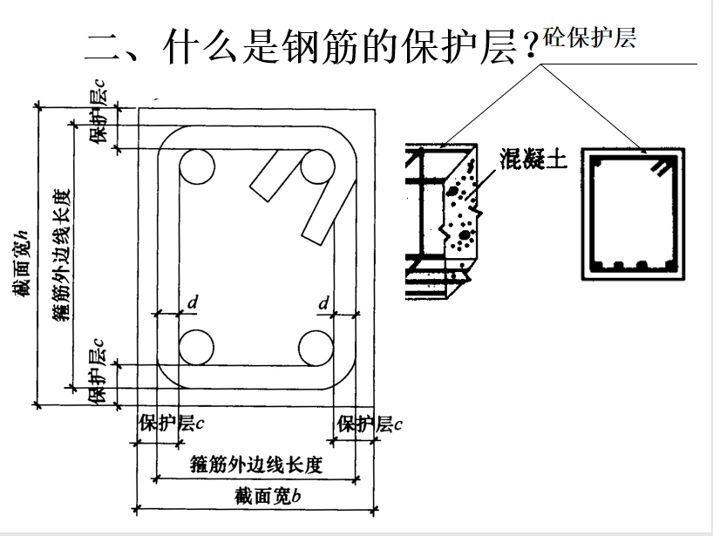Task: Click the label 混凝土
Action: (x=533, y=159)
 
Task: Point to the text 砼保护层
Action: (x=589, y=37)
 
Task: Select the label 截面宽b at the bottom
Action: (x=268, y=496)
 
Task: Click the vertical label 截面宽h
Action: (x=22, y=264)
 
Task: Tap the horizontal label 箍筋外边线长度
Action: (x=256, y=465)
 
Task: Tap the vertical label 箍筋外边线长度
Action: (x=61, y=255)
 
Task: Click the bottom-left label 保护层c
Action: (x=172, y=423)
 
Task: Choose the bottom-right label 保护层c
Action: (x=370, y=424)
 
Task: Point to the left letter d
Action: (x=193, y=302)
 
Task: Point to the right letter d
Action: (x=323, y=302)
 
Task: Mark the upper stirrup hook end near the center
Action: (x=259, y=193)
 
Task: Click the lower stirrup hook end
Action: (x=312, y=238)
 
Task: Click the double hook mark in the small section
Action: (x=661, y=166)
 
